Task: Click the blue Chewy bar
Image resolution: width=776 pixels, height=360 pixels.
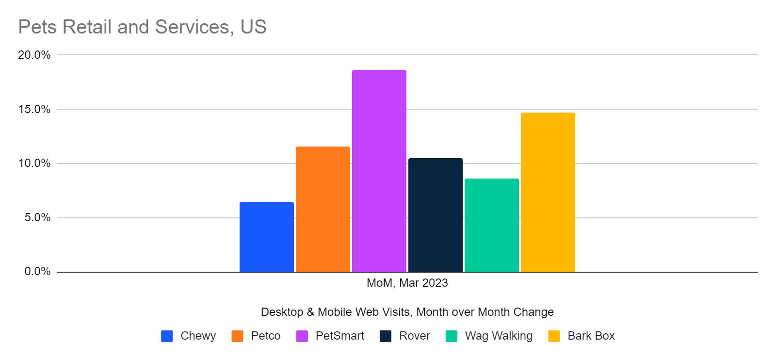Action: pyautogui.click(x=266, y=237)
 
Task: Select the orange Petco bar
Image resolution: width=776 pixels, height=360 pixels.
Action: pyautogui.click(x=323, y=209)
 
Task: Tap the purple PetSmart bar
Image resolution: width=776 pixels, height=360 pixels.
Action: pyautogui.click(x=379, y=171)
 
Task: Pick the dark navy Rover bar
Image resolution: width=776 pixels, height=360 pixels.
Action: pyautogui.click(x=435, y=215)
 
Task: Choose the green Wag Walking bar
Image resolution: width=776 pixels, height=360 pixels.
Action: pyautogui.click(x=491, y=225)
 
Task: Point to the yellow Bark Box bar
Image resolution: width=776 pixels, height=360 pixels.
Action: pyautogui.click(x=548, y=192)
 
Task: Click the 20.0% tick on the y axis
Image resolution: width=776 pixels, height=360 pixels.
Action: pyautogui.click(x=34, y=55)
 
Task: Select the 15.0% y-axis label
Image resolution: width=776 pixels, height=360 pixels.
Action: pyautogui.click(x=34, y=109)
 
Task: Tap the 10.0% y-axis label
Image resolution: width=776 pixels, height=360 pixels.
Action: pyautogui.click(x=34, y=164)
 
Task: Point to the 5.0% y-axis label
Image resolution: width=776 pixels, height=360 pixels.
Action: pyautogui.click(x=37, y=217)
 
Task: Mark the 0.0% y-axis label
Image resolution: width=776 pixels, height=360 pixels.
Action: pyautogui.click(x=37, y=272)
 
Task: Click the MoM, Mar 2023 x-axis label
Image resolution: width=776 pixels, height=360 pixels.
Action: pyautogui.click(x=407, y=283)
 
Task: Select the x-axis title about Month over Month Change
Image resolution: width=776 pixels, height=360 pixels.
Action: pyautogui.click(x=407, y=312)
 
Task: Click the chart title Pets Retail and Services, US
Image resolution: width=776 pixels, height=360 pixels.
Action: pyautogui.click(x=142, y=27)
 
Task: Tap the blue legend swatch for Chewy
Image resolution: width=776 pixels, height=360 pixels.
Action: pyautogui.click(x=167, y=336)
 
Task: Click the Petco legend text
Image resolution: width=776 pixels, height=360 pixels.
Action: pyautogui.click(x=265, y=336)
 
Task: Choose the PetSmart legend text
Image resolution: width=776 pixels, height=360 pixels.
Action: pyautogui.click(x=339, y=336)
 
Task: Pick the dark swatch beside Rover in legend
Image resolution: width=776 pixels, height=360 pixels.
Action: pyautogui.click(x=386, y=336)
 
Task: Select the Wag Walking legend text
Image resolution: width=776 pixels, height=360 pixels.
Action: pyautogui.click(x=499, y=336)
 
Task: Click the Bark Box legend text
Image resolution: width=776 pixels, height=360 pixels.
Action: pyautogui.click(x=591, y=336)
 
